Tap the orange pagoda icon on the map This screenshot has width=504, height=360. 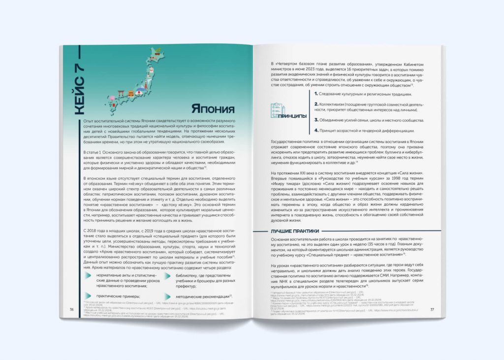(x=131, y=94)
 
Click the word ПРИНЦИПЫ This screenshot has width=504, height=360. (x=292, y=117)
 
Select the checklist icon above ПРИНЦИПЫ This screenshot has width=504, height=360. (x=278, y=110)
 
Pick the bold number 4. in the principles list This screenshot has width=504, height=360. (x=317, y=131)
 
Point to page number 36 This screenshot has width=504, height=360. (x=72, y=309)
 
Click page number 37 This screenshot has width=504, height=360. (x=432, y=309)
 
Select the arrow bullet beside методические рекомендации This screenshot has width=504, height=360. (x=167, y=296)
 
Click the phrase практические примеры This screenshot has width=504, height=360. (x=119, y=295)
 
